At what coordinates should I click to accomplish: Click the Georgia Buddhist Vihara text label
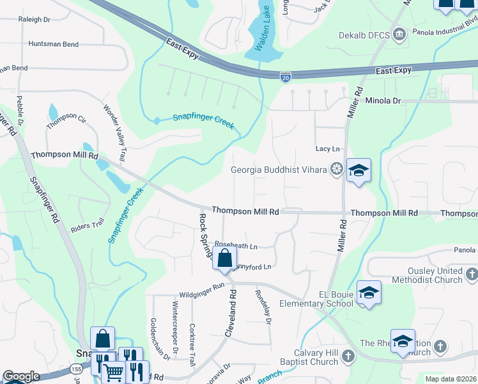tap(279, 170)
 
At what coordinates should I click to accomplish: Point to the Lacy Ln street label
tap(328, 148)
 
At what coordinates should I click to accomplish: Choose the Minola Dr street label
tap(383, 100)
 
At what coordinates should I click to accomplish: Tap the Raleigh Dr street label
tap(35, 20)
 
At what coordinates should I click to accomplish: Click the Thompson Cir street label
tap(66, 118)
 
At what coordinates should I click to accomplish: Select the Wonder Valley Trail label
tap(115, 133)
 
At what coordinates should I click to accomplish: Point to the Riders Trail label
tap(88, 225)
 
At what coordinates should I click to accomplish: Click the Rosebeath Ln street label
tap(235, 245)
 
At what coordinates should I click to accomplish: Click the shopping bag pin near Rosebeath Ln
tap(224, 259)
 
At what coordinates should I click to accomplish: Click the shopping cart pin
tap(114, 372)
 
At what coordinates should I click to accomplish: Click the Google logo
tap(20, 376)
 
